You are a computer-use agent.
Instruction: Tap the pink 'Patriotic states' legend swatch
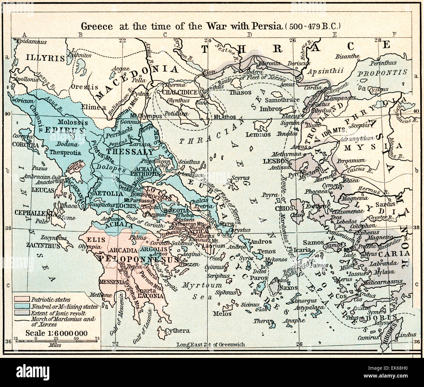(22, 299)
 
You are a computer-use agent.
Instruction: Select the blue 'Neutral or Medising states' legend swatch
(22, 306)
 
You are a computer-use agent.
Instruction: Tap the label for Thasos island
(240, 93)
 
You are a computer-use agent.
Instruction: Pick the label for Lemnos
(263, 134)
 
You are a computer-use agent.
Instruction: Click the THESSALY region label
(130, 152)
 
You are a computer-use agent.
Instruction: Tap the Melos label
(222, 313)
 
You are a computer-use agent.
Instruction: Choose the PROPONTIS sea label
(382, 73)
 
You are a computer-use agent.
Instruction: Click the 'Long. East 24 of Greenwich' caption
(210, 345)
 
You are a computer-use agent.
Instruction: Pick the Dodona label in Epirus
(67, 144)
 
